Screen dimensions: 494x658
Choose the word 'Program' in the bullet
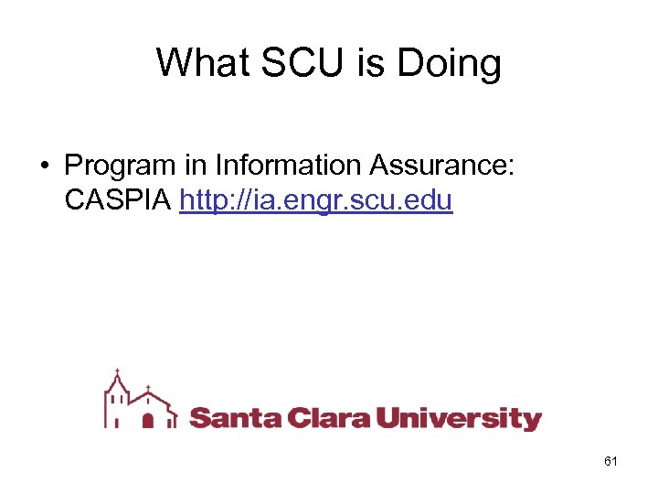(x=119, y=166)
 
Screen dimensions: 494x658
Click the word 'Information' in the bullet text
(x=290, y=166)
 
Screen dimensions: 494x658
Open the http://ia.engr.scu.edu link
(x=316, y=200)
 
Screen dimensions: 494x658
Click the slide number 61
(x=610, y=462)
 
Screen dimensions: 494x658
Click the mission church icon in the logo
(x=140, y=403)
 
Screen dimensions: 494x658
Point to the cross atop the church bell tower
(x=115, y=372)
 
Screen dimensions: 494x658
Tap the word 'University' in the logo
(x=460, y=420)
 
